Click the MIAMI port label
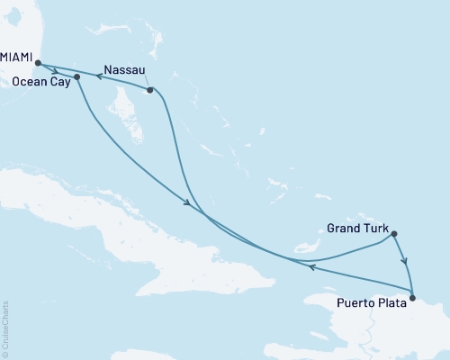tap(17, 56)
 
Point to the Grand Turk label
tap(357, 229)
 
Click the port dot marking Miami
tap(38, 63)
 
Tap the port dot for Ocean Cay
tap(76, 77)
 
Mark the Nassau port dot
tap(150, 90)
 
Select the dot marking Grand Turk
tap(394, 234)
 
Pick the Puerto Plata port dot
tap(412, 298)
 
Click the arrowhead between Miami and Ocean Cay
tap(57, 70)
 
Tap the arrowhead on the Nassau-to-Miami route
tap(100, 77)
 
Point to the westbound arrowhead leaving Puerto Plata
tap(310, 266)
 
